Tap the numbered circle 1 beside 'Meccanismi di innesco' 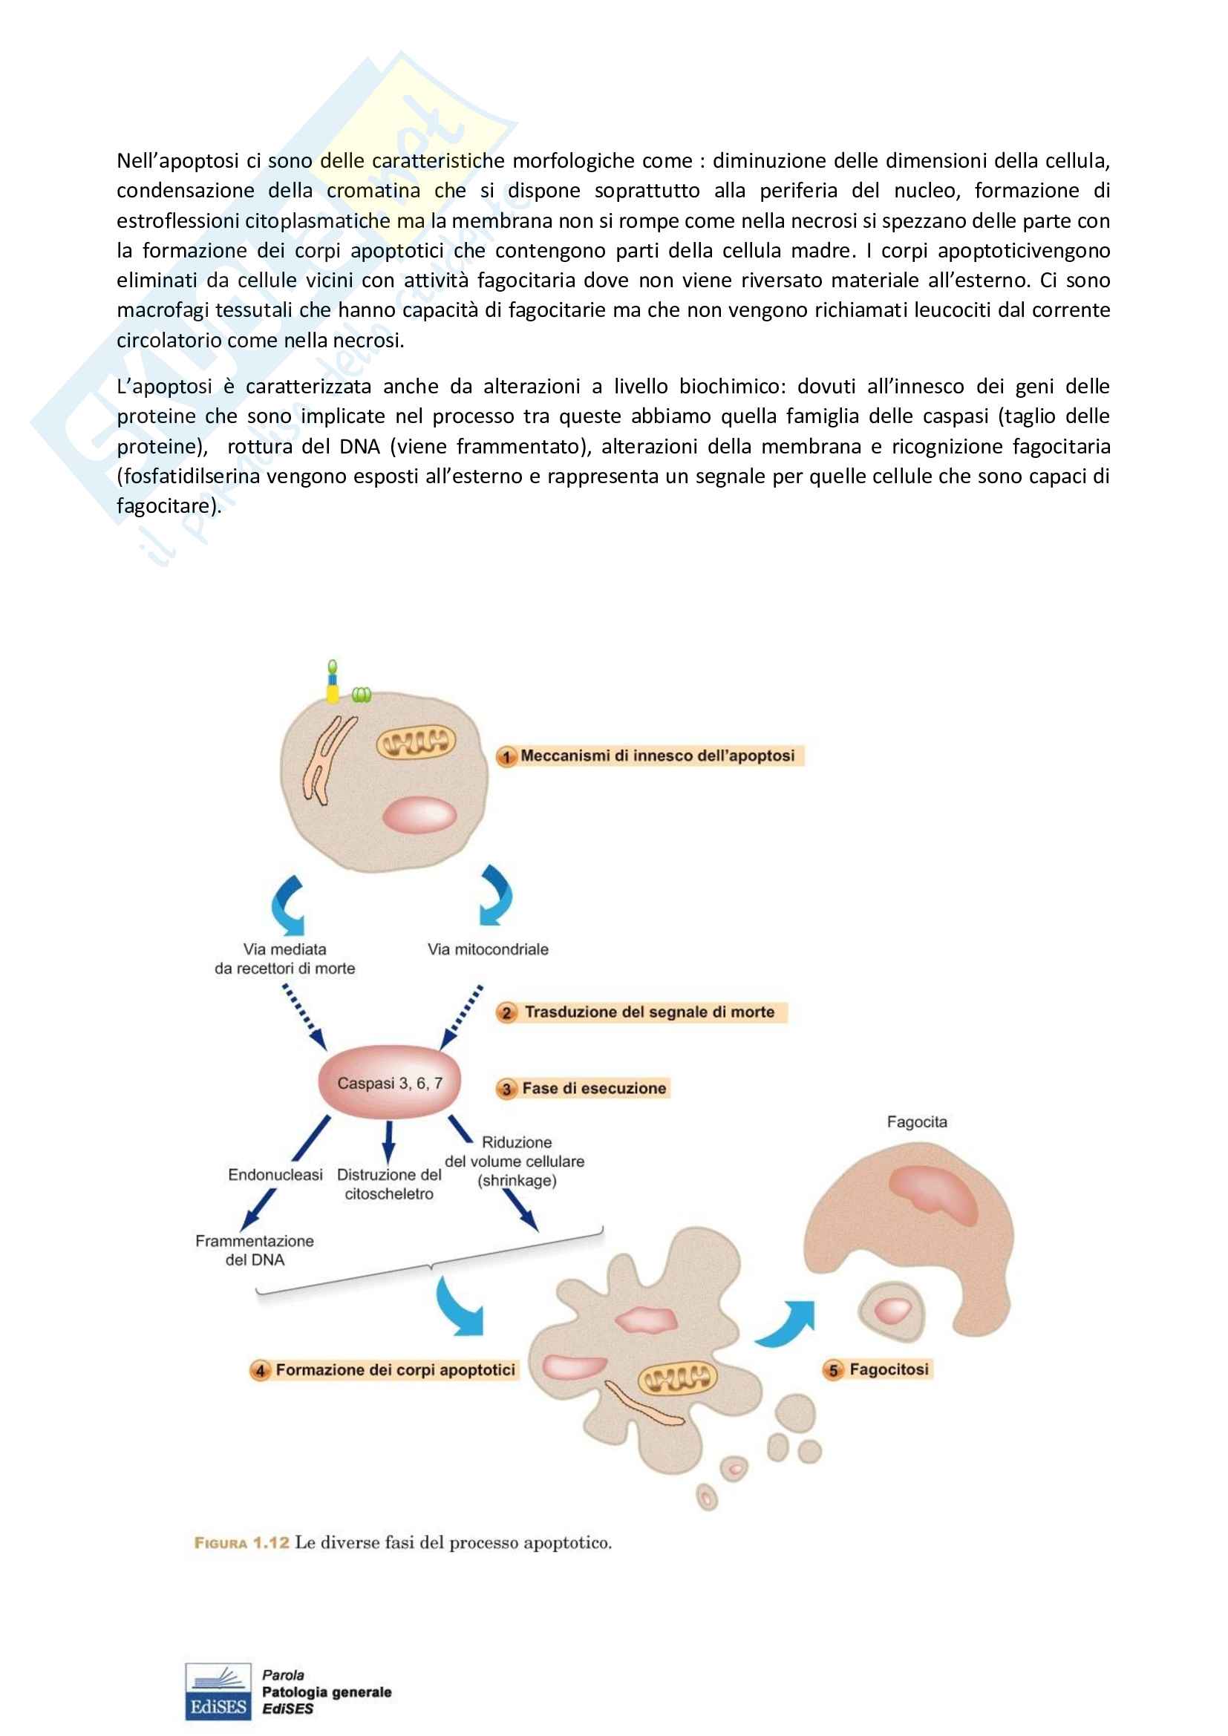pyautogui.click(x=506, y=756)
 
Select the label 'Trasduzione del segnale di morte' pyautogui.click(x=650, y=1012)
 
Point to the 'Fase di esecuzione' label pyautogui.click(x=594, y=1088)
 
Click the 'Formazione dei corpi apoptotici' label pyautogui.click(x=395, y=1369)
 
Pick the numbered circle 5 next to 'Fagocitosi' pyautogui.click(x=833, y=1370)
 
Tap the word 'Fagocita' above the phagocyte pyautogui.click(x=916, y=1122)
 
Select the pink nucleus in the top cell pyautogui.click(x=419, y=815)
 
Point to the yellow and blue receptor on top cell pyautogui.click(x=333, y=684)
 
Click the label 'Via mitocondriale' pyautogui.click(x=488, y=949)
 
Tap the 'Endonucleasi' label pyautogui.click(x=275, y=1174)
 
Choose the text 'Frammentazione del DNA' pyautogui.click(x=255, y=1250)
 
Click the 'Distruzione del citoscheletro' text pyautogui.click(x=388, y=1184)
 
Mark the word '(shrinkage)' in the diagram pyautogui.click(x=517, y=1180)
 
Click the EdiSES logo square pyautogui.click(x=218, y=1691)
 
